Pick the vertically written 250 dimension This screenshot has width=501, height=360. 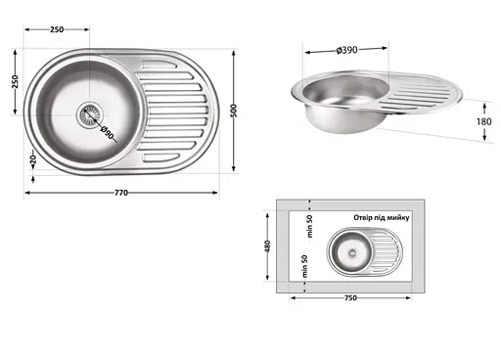(x=15, y=81)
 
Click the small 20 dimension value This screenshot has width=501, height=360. (x=31, y=159)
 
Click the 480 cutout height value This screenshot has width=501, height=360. (x=267, y=245)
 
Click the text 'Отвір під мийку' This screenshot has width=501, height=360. (x=387, y=215)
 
